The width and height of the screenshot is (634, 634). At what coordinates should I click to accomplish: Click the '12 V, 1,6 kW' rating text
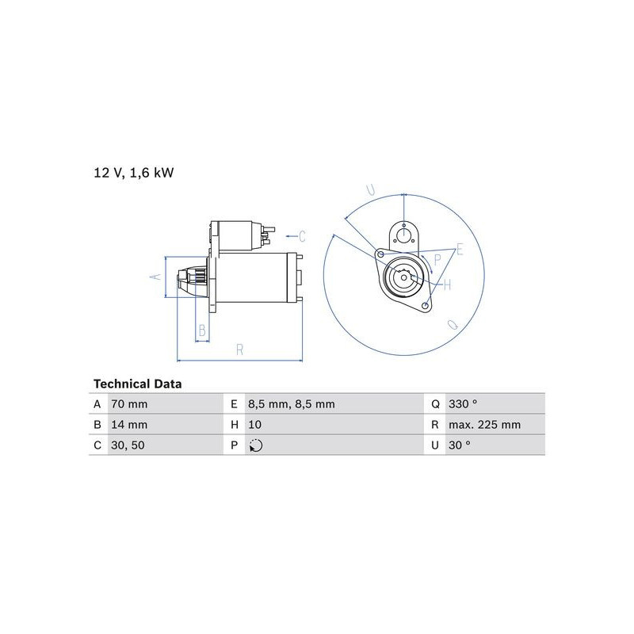(x=133, y=173)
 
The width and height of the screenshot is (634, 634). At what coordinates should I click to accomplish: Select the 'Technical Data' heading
(x=137, y=384)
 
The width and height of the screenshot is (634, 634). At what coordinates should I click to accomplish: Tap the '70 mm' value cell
(x=129, y=404)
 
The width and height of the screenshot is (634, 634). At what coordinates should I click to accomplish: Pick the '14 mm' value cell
(x=129, y=425)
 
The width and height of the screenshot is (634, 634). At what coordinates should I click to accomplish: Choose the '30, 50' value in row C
(x=128, y=445)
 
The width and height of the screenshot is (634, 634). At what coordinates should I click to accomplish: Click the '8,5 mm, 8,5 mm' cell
(x=292, y=404)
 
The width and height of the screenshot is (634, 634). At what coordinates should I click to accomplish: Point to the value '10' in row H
(x=254, y=425)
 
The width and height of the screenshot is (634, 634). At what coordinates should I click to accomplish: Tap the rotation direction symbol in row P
(x=256, y=445)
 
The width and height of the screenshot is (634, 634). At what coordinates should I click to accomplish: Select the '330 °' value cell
(x=463, y=404)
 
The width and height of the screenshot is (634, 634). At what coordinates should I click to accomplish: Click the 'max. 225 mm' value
(x=484, y=425)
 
